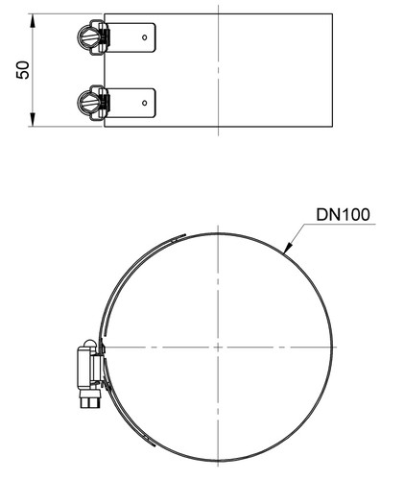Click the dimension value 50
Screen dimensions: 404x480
coord(23,70)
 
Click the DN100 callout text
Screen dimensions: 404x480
coord(343,215)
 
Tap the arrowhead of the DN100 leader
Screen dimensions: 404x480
coord(288,248)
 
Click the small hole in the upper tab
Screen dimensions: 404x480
coord(145,37)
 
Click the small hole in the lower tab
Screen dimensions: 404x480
coord(145,103)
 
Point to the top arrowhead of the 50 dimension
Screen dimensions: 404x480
coord(33,21)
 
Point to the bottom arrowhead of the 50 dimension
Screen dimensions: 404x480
coord(33,119)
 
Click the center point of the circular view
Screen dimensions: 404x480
coord(218,347)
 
